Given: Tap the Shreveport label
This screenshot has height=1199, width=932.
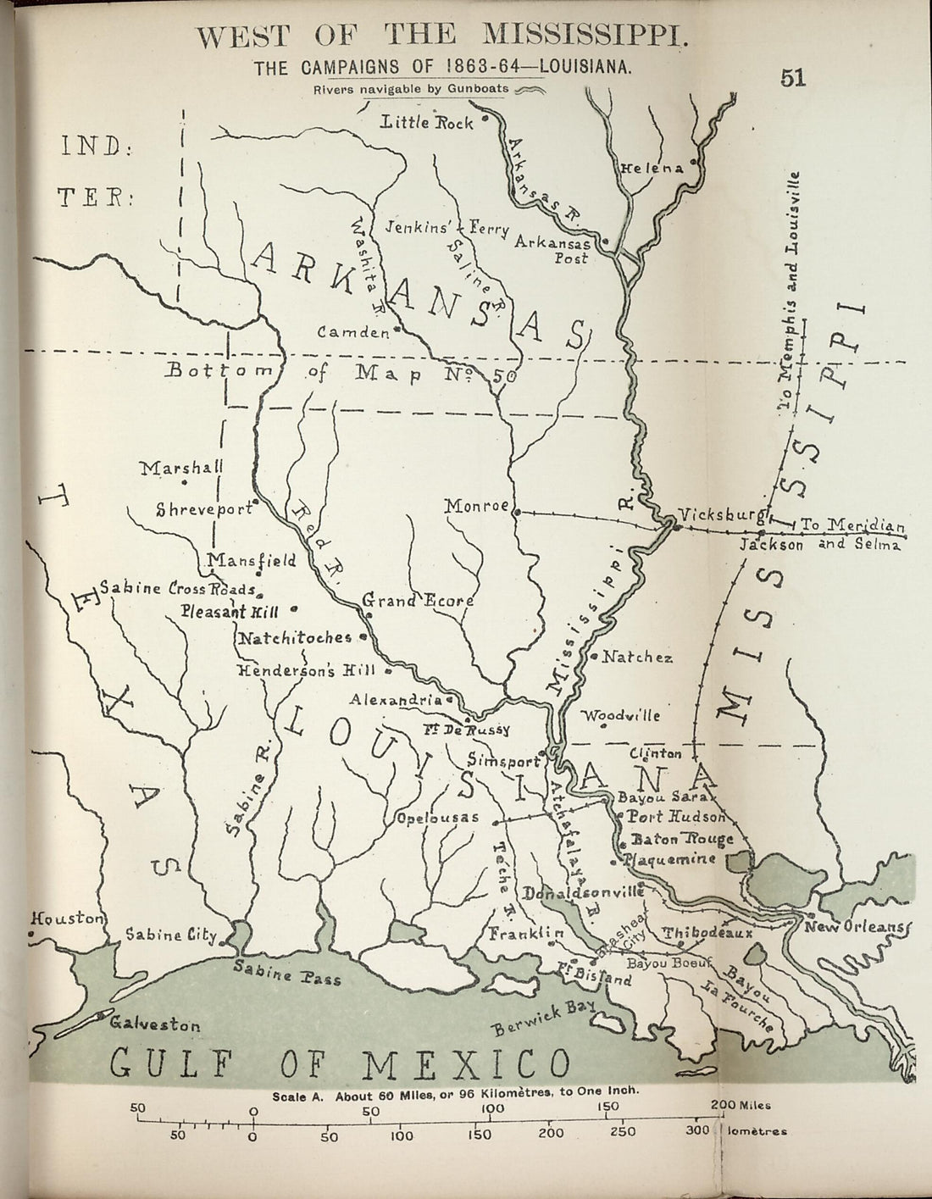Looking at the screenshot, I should [205, 509].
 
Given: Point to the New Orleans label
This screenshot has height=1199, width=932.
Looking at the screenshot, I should [855, 927].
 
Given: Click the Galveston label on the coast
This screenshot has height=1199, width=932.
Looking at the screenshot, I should [155, 1024].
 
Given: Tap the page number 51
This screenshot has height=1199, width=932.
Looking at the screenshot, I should [792, 78].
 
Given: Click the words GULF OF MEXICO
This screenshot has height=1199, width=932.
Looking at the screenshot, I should [341, 1063].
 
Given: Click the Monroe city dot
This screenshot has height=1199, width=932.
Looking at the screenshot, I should [515, 511].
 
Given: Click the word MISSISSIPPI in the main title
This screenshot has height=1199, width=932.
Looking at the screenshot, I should [580, 36].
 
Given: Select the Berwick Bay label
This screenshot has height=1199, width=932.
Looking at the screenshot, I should [543, 1018].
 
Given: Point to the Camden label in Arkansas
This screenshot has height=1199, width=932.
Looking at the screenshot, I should [352, 333].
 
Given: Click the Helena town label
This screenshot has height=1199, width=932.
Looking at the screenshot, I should [652, 168].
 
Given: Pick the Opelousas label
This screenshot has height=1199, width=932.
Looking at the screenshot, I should [437, 819].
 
